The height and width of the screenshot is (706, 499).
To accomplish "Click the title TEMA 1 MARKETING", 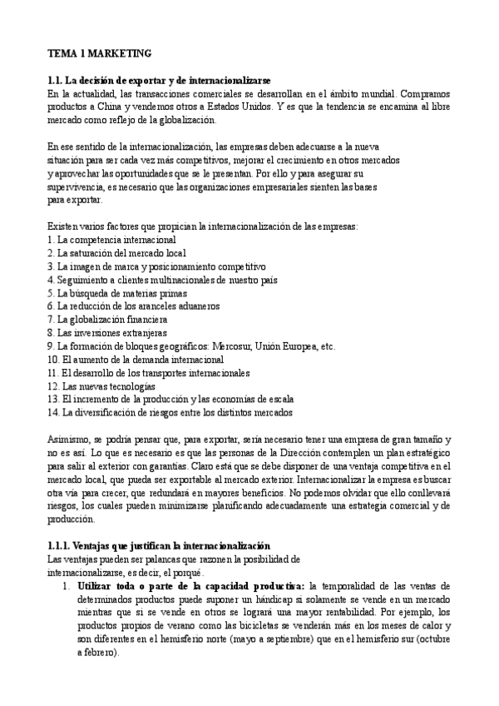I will tap(99, 52).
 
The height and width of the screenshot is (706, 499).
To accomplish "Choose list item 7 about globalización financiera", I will tap(107, 320).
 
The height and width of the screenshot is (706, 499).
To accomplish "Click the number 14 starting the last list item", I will tap(53, 413).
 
